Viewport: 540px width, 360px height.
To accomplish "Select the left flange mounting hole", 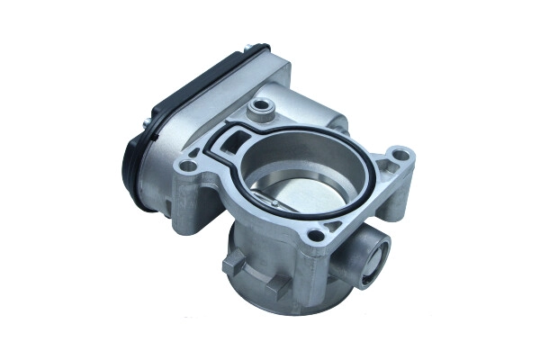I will (x=188, y=167).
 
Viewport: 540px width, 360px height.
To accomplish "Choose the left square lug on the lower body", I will (x=232, y=267).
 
